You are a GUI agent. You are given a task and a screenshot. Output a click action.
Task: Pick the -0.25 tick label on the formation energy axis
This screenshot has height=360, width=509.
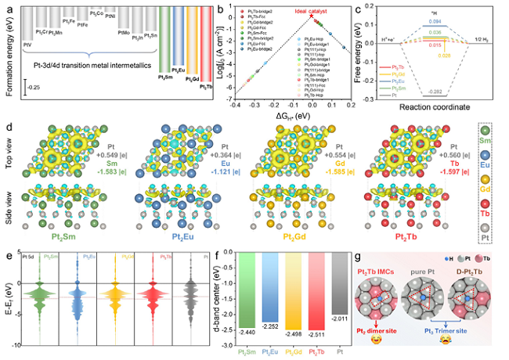click(x=13, y=88)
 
